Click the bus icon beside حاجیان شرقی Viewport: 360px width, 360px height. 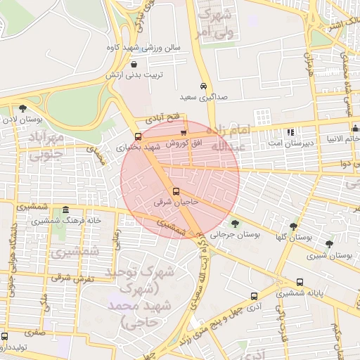tap(176, 191)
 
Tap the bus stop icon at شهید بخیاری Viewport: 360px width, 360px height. tap(137, 136)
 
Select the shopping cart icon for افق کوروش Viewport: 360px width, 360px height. tap(184, 131)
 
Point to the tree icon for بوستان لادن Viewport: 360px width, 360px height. tap(23, 108)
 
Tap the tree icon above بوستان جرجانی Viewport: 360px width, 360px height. tap(235, 224)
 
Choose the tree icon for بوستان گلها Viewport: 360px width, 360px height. tap(293, 226)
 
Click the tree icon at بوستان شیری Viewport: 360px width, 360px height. tap(329, 243)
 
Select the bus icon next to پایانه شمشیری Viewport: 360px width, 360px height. tap(300, 281)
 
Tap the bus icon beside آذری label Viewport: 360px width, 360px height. tap(254, 296)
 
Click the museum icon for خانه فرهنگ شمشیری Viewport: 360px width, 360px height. tap(66, 210)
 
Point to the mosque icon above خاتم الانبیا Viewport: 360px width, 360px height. tap(356, 128)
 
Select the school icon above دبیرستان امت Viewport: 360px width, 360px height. tap(290, 131)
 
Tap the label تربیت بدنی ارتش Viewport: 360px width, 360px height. tap(140, 74)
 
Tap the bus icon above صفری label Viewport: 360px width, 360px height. tap(5, 335)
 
